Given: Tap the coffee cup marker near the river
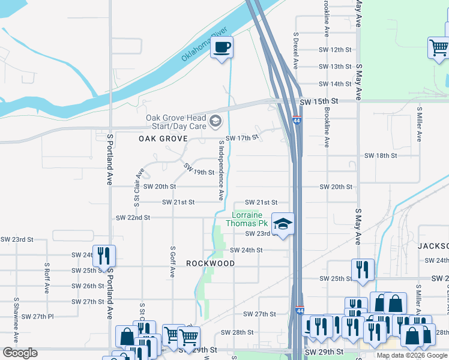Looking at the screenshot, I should coord(221,47).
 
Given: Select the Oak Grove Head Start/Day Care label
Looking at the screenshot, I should coord(176,122).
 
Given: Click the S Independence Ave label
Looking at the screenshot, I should coord(221,170).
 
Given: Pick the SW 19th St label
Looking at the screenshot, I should coord(198,170).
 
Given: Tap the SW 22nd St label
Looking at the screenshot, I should coord(133,217).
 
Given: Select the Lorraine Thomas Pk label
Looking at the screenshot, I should coord(247,219).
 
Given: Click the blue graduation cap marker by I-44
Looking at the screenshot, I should coord(283,224).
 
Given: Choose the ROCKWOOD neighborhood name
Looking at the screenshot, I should coord(210,263).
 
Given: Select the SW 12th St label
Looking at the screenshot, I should coord(335,50).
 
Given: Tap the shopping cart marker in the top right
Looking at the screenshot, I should coord(439,47).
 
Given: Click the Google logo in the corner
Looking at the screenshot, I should coord(20,353).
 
